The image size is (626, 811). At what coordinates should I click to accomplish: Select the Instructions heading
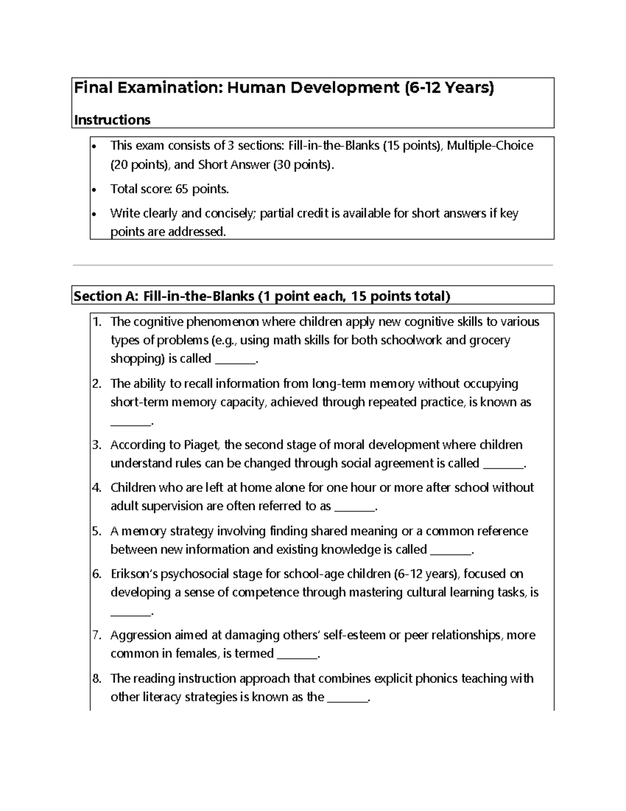112,120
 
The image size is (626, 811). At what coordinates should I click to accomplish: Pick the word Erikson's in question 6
134,574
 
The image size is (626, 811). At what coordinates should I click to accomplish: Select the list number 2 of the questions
97,384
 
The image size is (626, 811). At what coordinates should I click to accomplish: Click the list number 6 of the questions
97,574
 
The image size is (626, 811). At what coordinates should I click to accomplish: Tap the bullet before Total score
94,190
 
